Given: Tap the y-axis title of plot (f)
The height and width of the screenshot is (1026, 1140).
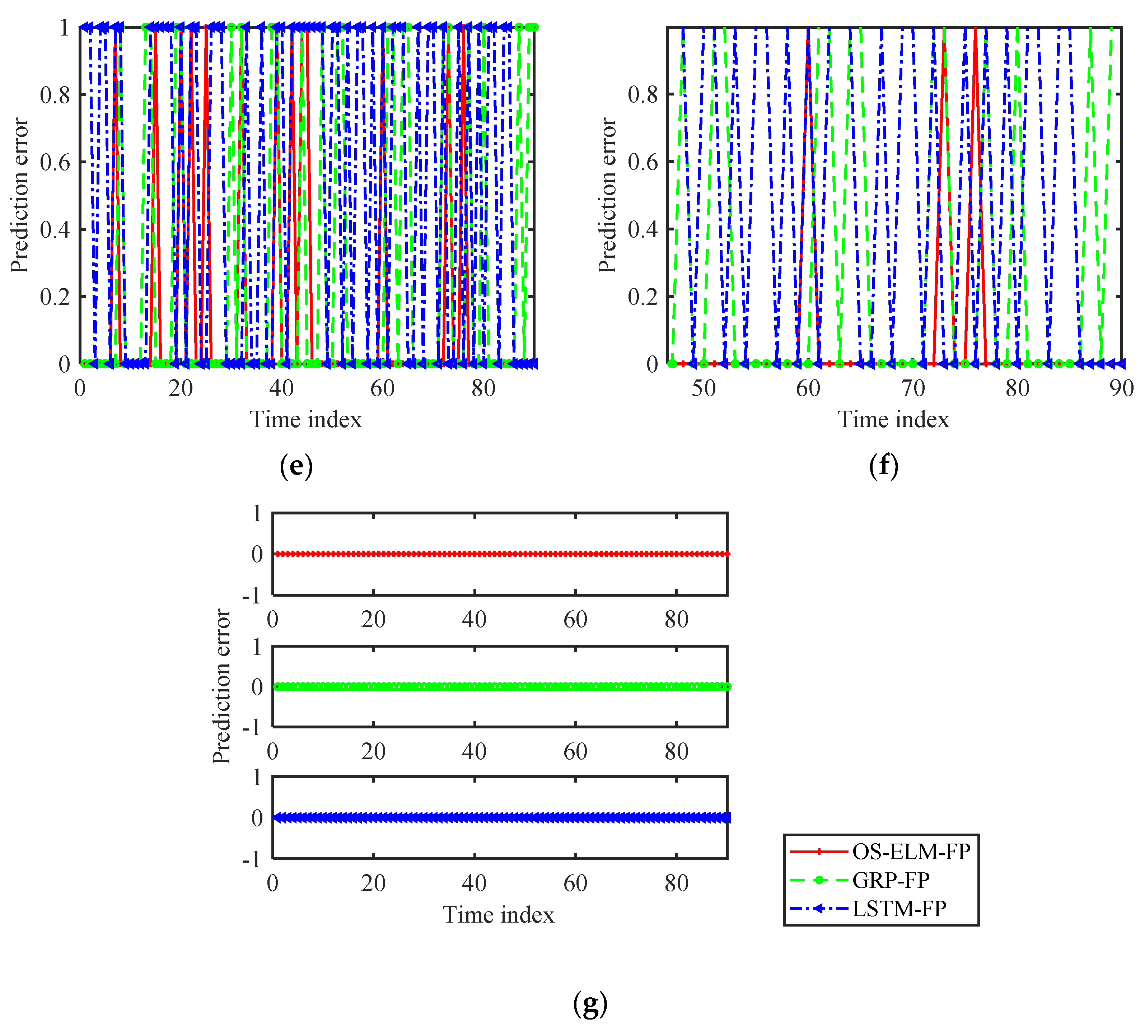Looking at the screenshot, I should pyautogui.click(x=607, y=195).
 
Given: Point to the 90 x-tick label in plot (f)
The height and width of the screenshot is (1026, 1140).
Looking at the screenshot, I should pyautogui.click(x=1121, y=388).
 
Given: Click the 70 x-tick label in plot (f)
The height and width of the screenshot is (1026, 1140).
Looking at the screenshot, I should pyautogui.click(x=913, y=388).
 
